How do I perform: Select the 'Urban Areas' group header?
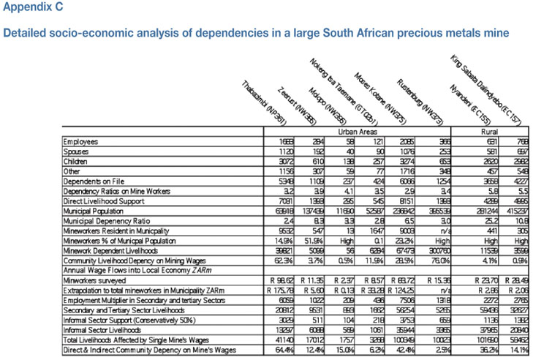354,132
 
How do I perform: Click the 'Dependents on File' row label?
93,178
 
